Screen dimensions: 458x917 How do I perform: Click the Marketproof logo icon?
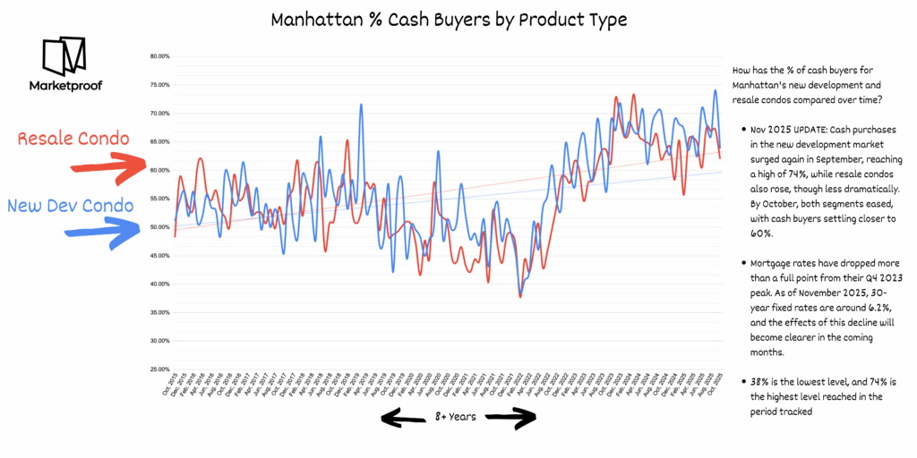[64, 56]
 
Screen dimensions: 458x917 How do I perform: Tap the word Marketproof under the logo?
[64, 87]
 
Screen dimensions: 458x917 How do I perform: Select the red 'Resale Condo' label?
[73, 139]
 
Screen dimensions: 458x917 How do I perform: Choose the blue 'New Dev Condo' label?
[71, 206]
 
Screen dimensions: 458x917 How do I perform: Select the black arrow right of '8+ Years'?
[512, 417]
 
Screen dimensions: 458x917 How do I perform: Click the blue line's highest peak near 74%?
[715, 90]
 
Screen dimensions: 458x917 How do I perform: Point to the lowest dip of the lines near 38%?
[520, 295]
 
